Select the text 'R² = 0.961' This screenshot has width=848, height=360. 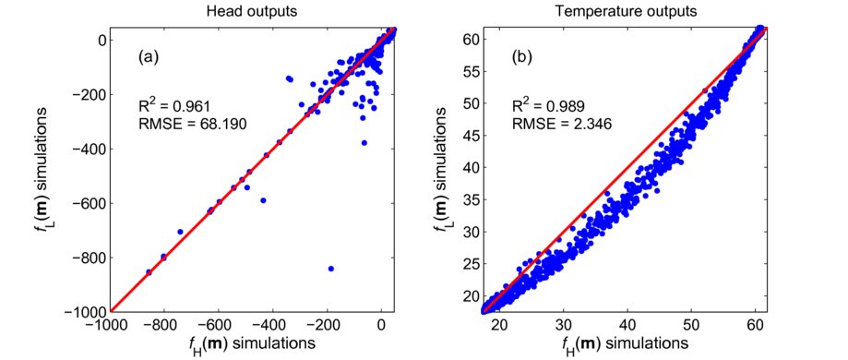(171, 107)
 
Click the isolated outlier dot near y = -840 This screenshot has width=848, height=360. (330, 269)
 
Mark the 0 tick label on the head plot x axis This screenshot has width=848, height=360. (382, 326)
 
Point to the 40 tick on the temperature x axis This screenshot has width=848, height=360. (627, 326)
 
